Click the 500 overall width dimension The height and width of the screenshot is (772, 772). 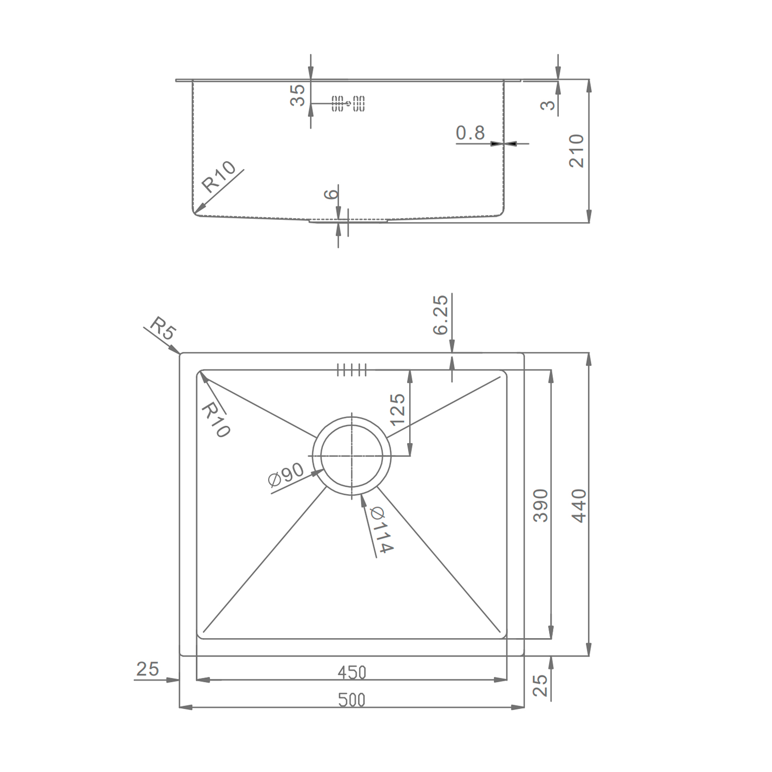(352, 700)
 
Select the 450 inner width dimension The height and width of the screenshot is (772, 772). (352, 672)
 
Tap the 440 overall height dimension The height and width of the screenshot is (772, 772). (579, 506)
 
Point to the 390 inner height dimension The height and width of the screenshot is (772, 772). (541, 505)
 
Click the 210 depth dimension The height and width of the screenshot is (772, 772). (577, 151)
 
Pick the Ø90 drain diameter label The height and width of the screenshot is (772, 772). (286, 476)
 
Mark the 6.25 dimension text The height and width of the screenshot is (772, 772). (441, 314)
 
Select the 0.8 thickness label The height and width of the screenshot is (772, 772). (470, 133)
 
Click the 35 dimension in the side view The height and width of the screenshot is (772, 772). (297, 95)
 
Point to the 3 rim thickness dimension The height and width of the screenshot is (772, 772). (549, 104)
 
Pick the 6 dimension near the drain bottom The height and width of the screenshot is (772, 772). (332, 194)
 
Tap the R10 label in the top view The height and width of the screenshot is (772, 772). (215, 420)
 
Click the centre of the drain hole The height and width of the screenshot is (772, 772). (352, 456)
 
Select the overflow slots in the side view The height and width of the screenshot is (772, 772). (348, 103)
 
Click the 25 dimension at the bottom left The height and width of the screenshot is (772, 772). (148, 669)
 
